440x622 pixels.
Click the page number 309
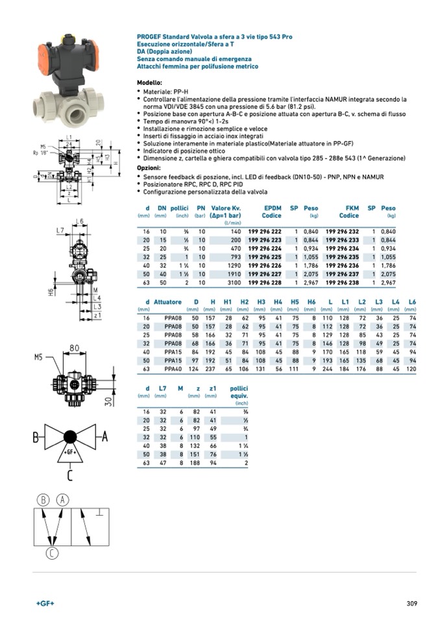click(411, 603)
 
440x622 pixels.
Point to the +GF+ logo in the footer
click(45, 603)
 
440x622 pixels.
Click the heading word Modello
click(149, 84)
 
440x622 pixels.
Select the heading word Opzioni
click(149, 168)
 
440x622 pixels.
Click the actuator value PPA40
click(172, 369)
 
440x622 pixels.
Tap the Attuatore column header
click(167, 302)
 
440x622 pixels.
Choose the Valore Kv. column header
click(226, 208)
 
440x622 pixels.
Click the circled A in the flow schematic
click(62, 499)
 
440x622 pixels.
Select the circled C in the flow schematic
click(53, 553)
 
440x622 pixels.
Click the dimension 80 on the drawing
click(74, 348)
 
